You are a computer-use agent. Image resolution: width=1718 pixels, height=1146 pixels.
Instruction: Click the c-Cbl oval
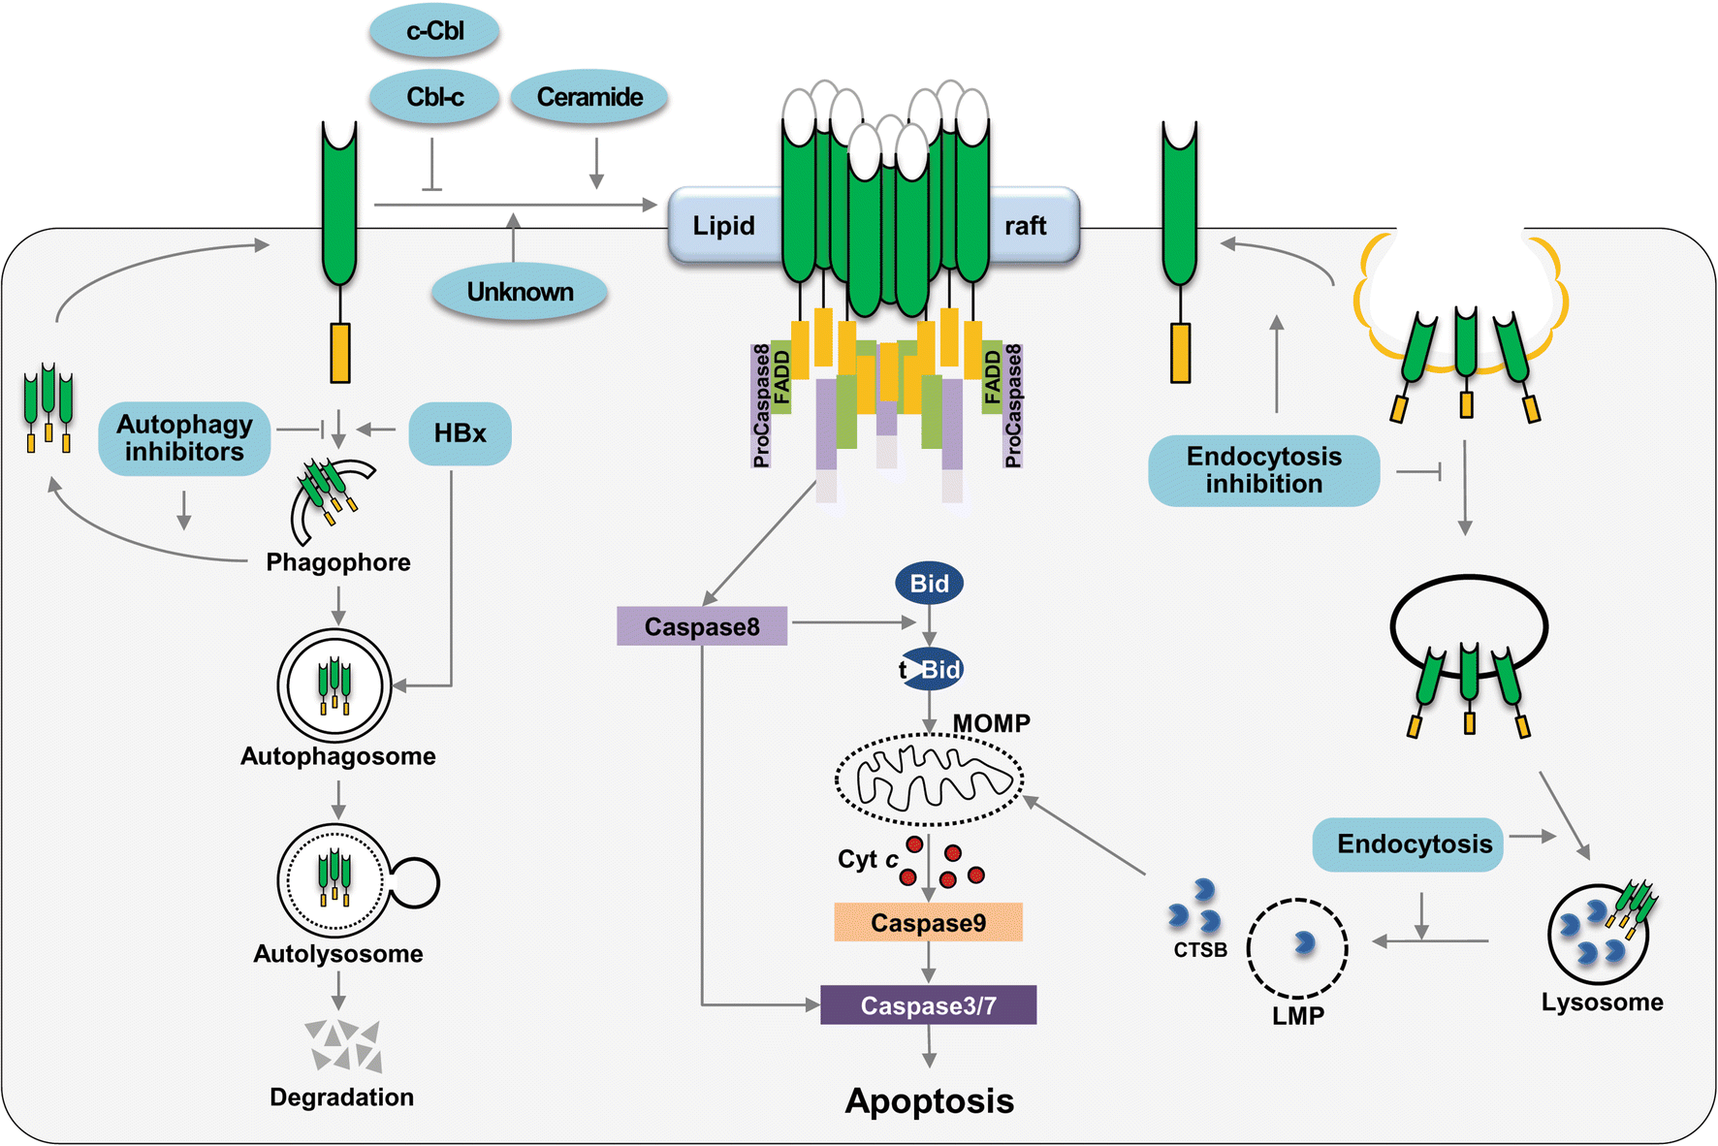click(434, 31)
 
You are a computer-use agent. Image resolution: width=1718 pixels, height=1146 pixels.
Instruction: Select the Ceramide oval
click(589, 97)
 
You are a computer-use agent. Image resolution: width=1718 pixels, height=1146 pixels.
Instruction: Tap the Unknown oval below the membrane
click(520, 292)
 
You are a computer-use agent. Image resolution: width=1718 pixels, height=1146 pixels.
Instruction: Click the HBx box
click(460, 433)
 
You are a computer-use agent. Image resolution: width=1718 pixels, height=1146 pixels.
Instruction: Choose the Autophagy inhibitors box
click(184, 438)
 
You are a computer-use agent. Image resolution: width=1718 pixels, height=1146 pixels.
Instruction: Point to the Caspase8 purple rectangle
click(702, 626)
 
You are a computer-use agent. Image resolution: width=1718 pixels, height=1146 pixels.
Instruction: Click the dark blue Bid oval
click(929, 584)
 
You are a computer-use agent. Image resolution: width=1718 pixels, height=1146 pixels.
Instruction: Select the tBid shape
click(931, 669)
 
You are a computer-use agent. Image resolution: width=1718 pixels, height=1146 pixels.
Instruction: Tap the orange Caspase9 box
click(928, 922)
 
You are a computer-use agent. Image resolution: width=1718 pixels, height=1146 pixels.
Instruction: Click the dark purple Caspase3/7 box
click(928, 1005)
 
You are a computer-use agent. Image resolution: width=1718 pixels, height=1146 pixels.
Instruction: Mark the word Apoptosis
click(929, 1100)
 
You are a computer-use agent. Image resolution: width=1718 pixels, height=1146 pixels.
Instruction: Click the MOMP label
click(991, 723)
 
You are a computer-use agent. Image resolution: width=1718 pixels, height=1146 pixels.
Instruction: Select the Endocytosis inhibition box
click(1263, 470)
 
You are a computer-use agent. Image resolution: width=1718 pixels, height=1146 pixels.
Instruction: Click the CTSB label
click(1200, 950)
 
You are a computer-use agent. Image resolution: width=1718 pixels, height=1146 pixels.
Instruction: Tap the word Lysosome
click(1602, 1003)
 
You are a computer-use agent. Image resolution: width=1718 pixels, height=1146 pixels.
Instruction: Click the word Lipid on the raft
click(723, 226)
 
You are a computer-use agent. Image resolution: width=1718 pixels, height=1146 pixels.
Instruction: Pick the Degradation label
click(341, 1097)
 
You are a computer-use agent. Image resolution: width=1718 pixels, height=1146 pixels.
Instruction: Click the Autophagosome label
click(337, 756)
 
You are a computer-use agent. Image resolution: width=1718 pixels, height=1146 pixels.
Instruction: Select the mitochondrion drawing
click(929, 779)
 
